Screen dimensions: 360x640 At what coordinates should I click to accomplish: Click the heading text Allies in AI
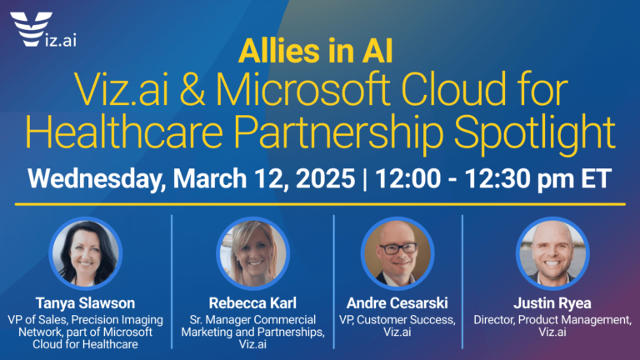(x=316, y=52)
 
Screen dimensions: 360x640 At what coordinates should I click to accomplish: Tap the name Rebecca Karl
(x=253, y=302)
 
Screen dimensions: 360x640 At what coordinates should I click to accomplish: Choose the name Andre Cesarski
(x=397, y=302)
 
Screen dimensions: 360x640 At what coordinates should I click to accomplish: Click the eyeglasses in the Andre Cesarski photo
(x=397, y=247)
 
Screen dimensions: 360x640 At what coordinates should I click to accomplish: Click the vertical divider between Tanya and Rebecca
(x=172, y=275)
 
